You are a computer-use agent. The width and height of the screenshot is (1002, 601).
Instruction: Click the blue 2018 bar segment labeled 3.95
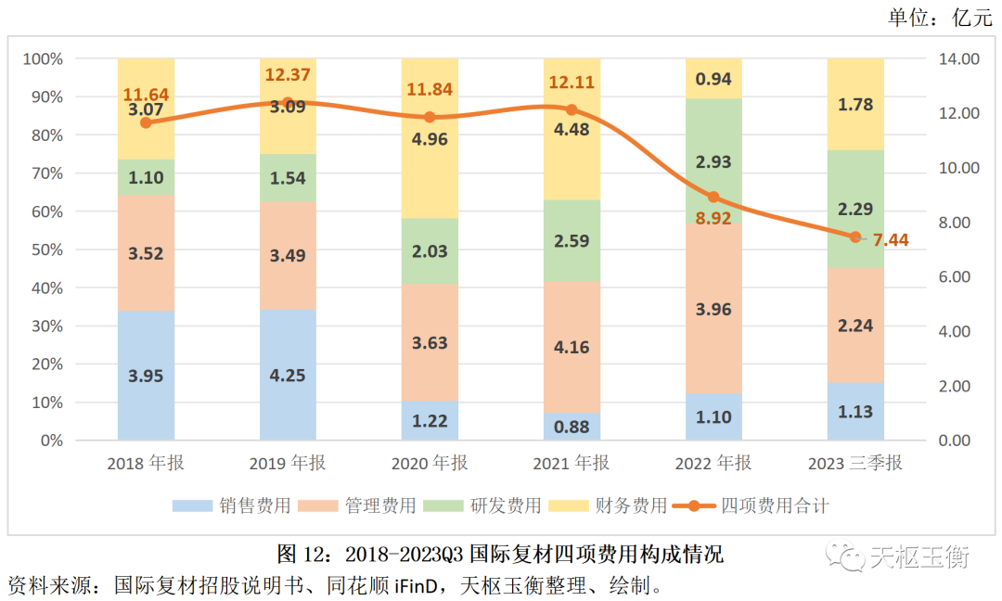(x=146, y=375)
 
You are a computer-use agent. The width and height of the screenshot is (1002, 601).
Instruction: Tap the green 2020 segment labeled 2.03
(x=430, y=250)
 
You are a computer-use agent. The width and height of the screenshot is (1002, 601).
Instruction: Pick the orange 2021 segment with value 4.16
(x=572, y=347)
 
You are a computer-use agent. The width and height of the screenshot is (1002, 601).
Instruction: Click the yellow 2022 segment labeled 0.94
(x=713, y=79)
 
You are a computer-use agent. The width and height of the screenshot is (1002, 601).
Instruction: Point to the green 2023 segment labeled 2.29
(x=855, y=209)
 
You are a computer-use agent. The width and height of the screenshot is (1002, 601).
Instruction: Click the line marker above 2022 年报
(x=713, y=197)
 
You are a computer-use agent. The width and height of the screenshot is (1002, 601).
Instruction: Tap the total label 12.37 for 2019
(x=288, y=75)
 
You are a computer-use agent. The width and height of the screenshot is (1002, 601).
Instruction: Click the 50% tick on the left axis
(x=44, y=249)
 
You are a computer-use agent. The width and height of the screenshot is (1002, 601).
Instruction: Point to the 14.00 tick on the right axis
(x=959, y=58)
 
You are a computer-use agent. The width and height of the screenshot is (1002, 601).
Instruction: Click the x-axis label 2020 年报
(x=430, y=463)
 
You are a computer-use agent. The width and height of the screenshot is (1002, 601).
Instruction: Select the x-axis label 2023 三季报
(x=855, y=463)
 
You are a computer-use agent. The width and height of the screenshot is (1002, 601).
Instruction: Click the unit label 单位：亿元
(x=940, y=17)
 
